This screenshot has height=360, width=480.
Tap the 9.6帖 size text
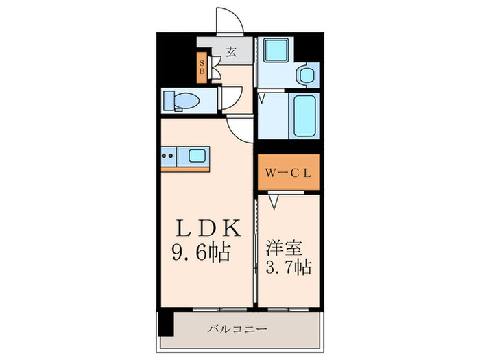point(200,252)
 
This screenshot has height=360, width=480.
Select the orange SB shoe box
point(202,67)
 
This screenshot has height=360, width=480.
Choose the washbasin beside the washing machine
point(306,75)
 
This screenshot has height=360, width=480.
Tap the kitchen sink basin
point(197,156)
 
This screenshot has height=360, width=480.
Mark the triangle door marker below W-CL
point(275,202)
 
